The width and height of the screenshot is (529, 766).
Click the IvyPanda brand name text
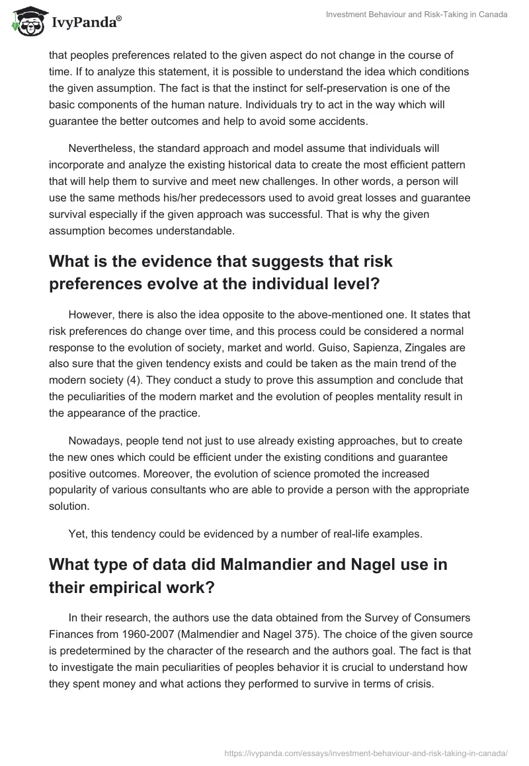tap(86, 22)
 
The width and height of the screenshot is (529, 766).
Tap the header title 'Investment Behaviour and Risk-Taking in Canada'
tap(417, 15)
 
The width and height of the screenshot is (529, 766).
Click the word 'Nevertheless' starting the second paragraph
tap(101, 148)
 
